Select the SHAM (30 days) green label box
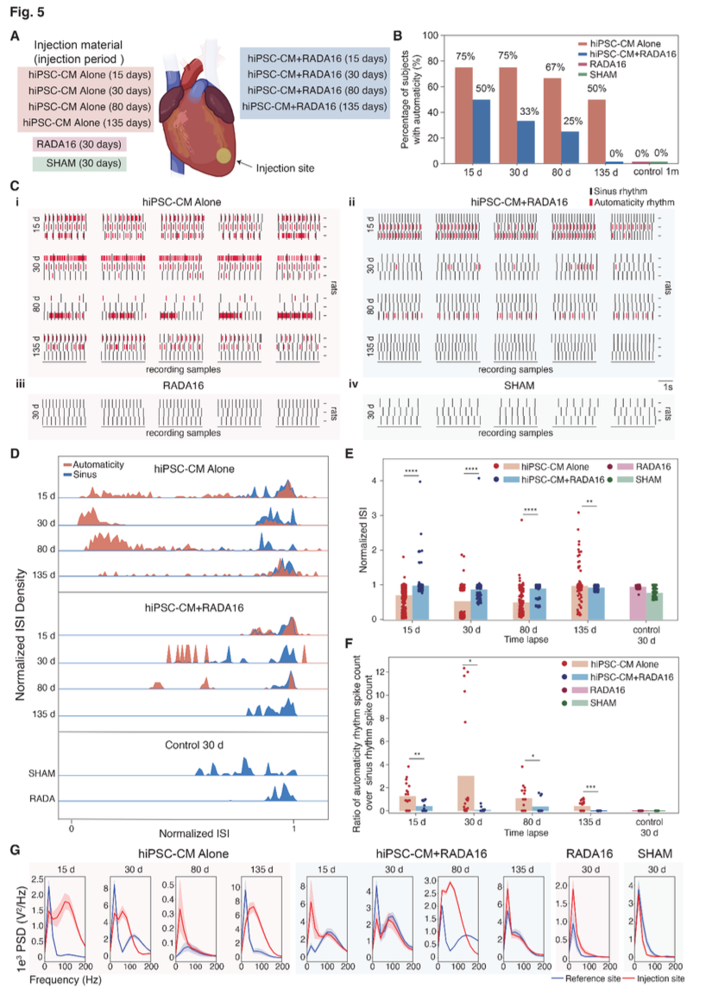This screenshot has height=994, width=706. [78, 163]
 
